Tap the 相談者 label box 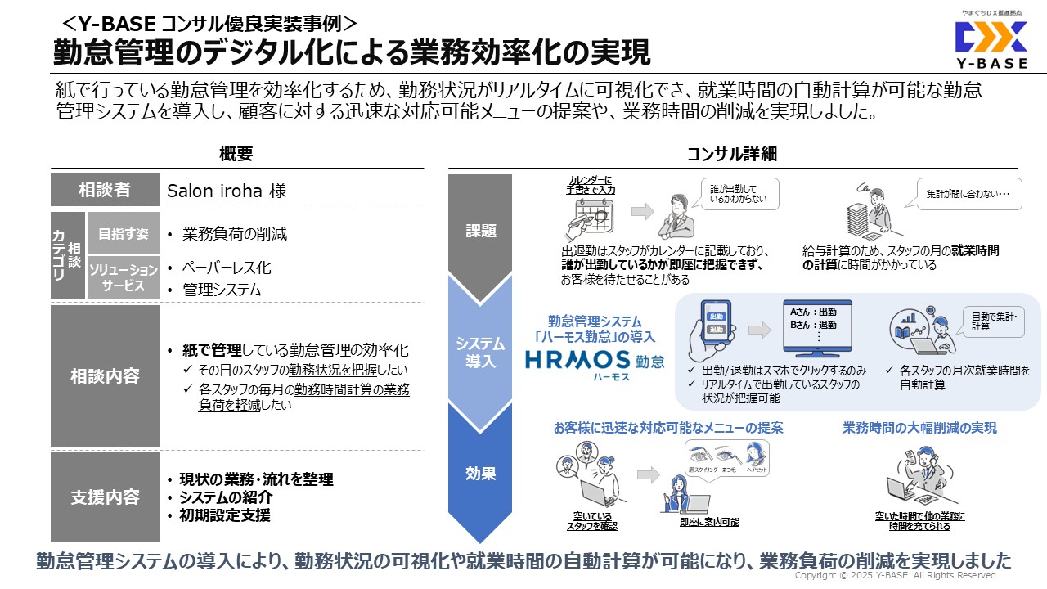105,191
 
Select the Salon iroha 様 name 227,191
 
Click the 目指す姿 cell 123,234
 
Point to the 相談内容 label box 105,376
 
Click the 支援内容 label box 105,497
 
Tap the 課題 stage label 480,231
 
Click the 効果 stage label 480,473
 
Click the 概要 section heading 236,154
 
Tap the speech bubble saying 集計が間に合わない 968,195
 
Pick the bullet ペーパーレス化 226,268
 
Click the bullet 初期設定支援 225,515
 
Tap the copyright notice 896,576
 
